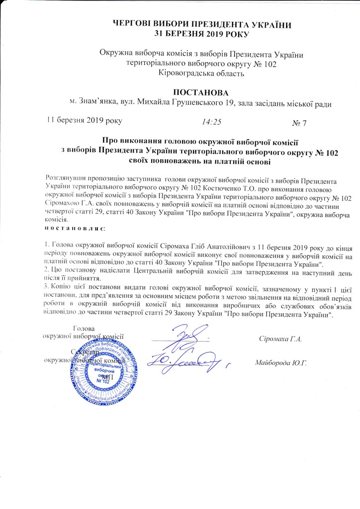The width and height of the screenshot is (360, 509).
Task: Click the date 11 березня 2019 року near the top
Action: point(83,120)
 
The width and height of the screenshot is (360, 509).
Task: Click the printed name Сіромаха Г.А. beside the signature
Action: point(280,339)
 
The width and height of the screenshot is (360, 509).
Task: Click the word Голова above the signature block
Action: point(83,328)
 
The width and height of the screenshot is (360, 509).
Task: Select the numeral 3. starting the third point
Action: point(46,287)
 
